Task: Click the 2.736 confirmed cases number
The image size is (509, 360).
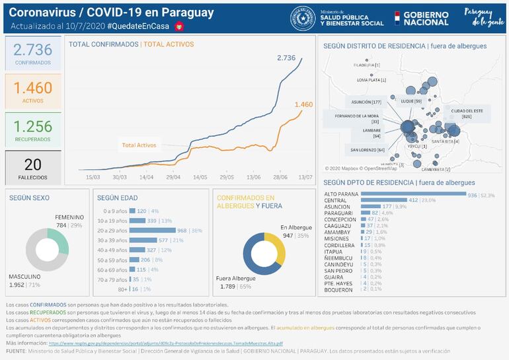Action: [x=32, y=50]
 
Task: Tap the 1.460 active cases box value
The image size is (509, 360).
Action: [x=32, y=88]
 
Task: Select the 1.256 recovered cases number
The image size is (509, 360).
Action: [x=32, y=126]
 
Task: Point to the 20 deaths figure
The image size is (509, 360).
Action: [x=32, y=164]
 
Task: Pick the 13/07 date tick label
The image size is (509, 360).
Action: [x=305, y=177]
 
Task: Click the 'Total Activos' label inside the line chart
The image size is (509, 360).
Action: [x=139, y=145]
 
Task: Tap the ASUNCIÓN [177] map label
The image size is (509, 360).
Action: [x=367, y=102]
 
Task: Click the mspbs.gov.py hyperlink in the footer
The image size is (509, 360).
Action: [x=165, y=343]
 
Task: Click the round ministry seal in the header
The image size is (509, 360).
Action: [x=302, y=18]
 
